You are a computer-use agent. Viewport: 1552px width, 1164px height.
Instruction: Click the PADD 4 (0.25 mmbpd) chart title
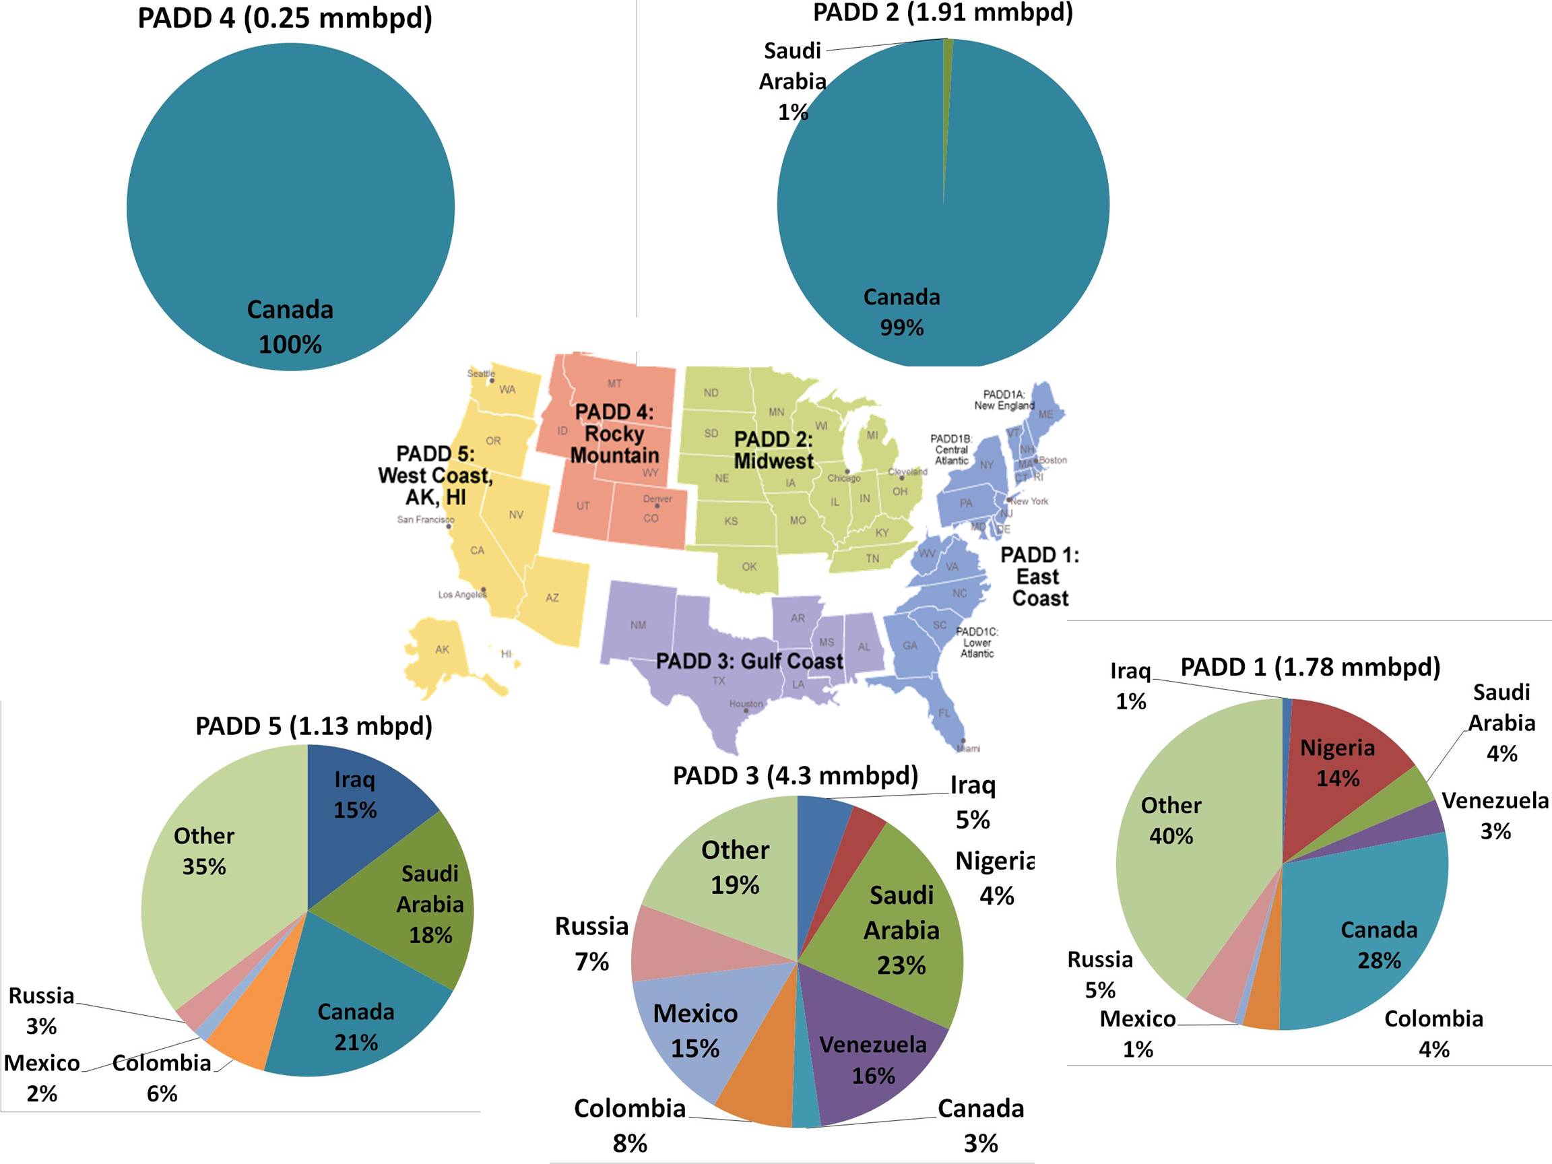[x=285, y=18]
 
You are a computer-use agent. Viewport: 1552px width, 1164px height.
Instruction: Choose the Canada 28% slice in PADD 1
[x=1376, y=940]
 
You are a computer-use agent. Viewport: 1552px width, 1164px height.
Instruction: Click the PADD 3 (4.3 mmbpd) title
[x=795, y=775]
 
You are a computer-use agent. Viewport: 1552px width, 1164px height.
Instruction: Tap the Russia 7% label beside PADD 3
[x=591, y=943]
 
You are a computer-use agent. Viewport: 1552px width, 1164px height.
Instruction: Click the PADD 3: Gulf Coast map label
[x=748, y=661]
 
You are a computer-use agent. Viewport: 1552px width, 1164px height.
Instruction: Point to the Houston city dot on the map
[x=746, y=711]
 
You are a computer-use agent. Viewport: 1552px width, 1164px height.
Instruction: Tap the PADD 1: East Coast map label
[x=1039, y=576]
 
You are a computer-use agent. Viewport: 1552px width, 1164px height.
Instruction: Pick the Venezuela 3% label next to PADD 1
[x=1495, y=815]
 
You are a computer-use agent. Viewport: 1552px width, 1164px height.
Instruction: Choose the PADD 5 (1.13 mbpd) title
[x=314, y=725]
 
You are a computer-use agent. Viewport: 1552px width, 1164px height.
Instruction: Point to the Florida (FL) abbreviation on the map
[x=944, y=713]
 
